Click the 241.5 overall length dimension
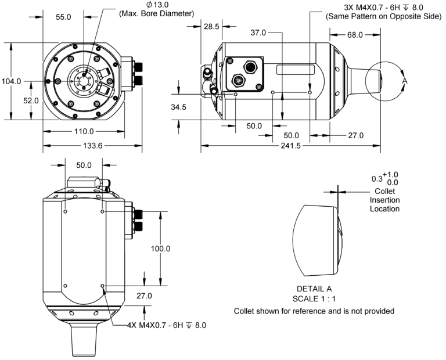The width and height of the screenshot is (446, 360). click(291, 146)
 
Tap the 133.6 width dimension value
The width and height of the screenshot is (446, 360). click(92, 146)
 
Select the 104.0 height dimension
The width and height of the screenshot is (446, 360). click(12, 81)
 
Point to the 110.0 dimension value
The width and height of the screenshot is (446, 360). click(84, 131)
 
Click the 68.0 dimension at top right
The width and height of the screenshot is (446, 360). click(355, 35)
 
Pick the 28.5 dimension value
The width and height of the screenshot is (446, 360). click(211, 27)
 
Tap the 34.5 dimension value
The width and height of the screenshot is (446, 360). click(179, 107)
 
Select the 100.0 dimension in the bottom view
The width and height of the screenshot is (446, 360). click(160, 249)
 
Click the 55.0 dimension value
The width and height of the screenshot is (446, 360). click(63, 17)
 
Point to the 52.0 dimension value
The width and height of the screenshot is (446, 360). click(31, 100)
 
